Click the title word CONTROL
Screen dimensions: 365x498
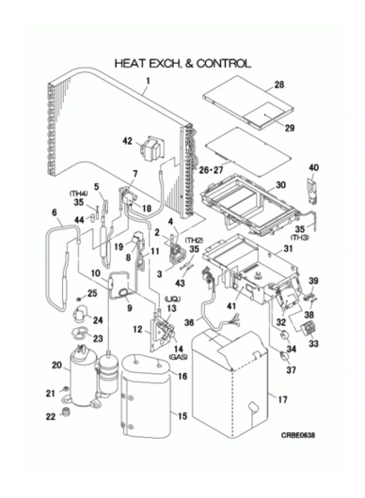pyautogui.click(x=223, y=64)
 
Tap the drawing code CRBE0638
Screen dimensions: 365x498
pyautogui.click(x=298, y=435)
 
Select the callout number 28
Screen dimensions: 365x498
pyautogui.click(x=279, y=85)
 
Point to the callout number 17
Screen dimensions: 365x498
pyautogui.click(x=282, y=399)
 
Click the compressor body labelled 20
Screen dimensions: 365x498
pyautogui.click(x=82, y=377)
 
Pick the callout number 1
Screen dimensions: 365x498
pyautogui.click(x=148, y=81)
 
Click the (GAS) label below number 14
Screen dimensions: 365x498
pyautogui.click(x=178, y=357)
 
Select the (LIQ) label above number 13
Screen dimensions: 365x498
pyautogui.click(x=173, y=299)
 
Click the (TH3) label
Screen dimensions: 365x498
pyautogui.click(x=300, y=237)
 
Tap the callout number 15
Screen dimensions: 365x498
pyautogui.click(x=182, y=416)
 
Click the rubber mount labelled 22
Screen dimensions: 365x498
pyautogui.click(x=66, y=412)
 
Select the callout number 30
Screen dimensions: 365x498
pyautogui.click(x=280, y=185)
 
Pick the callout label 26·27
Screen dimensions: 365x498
pyautogui.click(x=211, y=170)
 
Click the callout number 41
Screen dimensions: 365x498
pyautogui.click(x=231, y=305)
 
